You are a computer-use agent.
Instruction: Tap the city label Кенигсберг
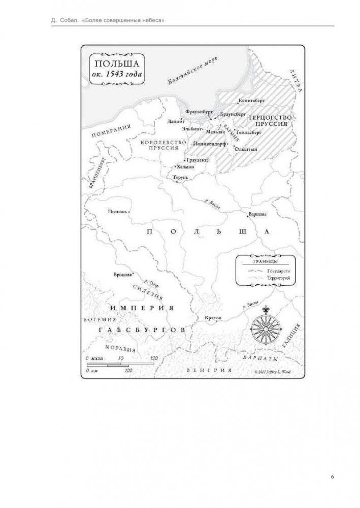(x=265, y=101)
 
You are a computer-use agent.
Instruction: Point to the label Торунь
(x=180, y=178)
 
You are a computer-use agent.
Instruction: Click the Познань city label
(x=118, y=212)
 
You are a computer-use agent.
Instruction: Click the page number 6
(x=332, y=477)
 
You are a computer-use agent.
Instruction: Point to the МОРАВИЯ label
(x=120, y=349)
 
